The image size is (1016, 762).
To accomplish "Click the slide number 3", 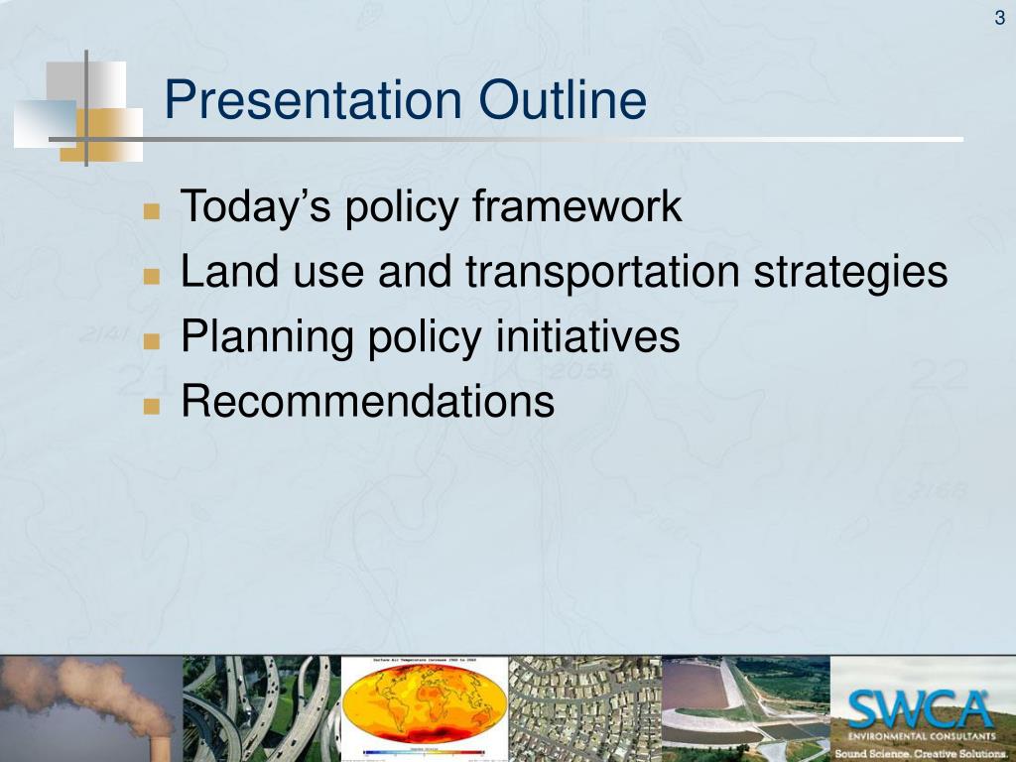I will pyautogui.click(x=999, y=18).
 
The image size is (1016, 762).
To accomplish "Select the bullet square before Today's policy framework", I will pyautogui.click(x=151, y=211).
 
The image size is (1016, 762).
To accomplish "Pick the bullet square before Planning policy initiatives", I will pyautogui.click(x=151, y=341).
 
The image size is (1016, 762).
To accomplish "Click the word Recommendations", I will pyautogui.click(x=367, y=402).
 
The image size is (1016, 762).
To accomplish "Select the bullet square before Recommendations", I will pyautogui.click(x=151, y=406).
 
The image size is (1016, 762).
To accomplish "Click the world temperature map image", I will pyautogui.click(x=423, y=706).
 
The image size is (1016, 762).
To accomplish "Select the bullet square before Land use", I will pyautogui.click(x=151, y=277).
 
